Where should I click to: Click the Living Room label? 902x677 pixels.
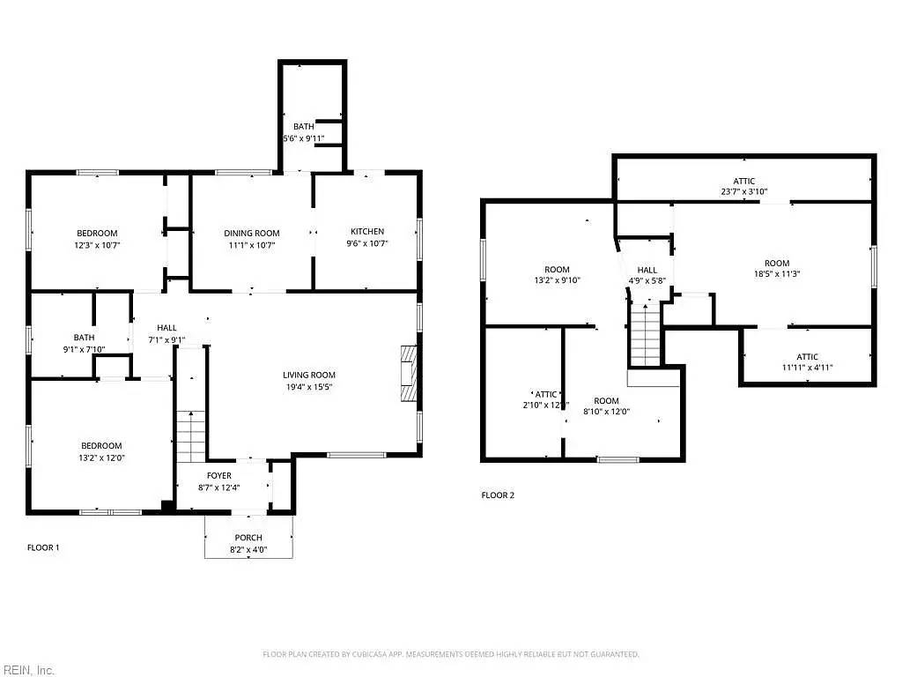308,375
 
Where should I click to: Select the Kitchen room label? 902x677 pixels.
366,232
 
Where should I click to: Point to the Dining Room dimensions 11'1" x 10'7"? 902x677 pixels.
251,244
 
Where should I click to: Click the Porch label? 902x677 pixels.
248,538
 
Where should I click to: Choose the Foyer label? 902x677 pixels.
219,476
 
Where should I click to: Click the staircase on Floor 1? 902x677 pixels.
191,436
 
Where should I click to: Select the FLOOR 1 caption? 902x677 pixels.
43,547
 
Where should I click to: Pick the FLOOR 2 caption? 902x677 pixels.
498,495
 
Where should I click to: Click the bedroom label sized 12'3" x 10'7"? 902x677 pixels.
98,239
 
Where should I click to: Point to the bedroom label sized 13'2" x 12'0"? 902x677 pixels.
101,451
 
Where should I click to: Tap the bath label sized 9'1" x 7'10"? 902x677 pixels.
84,343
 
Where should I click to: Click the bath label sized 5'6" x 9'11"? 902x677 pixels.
303,132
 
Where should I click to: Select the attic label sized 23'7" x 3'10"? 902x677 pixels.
744,186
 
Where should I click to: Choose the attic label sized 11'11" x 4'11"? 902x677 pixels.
807,362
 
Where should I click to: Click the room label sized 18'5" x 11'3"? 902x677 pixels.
776,268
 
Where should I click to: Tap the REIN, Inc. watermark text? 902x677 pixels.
27,670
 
